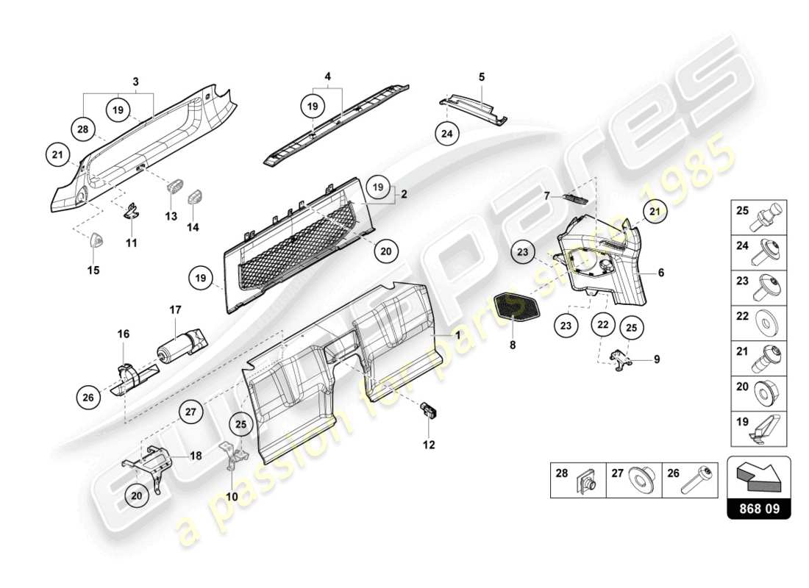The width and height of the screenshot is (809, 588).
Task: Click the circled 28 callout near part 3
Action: point(83,129)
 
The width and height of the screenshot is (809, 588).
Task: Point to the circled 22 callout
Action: point(602,324)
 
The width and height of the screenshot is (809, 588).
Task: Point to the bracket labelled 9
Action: point(622,360)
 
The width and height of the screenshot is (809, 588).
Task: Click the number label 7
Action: point(547,196)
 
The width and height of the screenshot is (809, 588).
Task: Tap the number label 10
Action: point(232,497)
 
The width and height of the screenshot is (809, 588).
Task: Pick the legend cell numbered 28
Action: point(577,480)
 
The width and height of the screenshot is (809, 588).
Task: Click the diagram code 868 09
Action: point(758,508)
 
